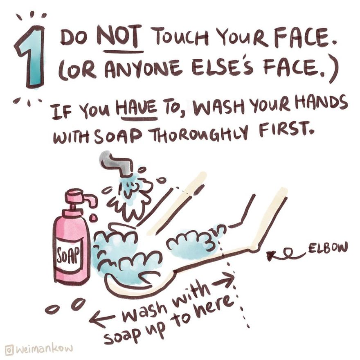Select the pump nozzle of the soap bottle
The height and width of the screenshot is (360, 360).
(84, 198)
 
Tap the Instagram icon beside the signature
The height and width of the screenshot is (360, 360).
(9, 349)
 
